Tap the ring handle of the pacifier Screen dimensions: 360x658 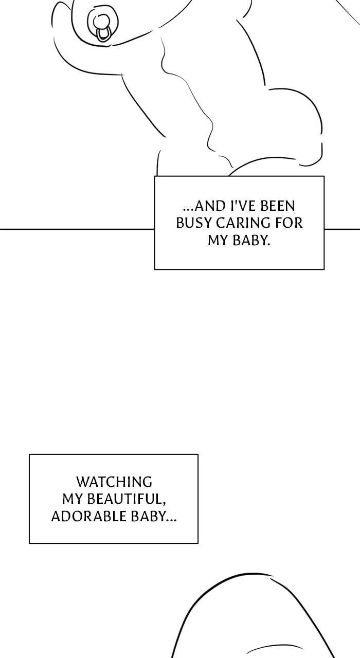coord(103,34)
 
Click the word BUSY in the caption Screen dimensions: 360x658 coord(194,223)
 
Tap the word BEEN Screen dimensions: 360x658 coord(278,206)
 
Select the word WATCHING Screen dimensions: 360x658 coord(114,482)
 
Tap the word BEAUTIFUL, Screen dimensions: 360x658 coord(127,499)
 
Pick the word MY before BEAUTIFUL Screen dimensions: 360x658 coord(73,499)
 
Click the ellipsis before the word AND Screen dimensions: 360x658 coord(188,210)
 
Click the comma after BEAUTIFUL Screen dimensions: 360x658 coord(164,504)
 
